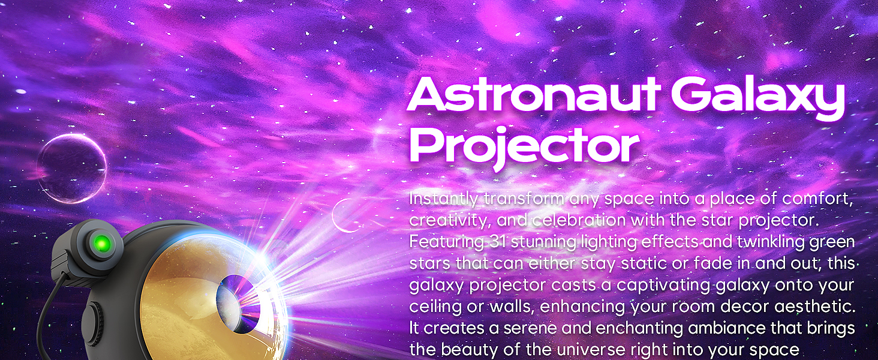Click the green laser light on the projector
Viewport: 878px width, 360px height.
point(101,242)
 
